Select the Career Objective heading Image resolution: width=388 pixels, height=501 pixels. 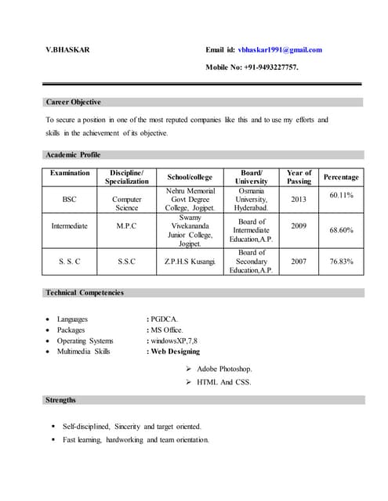pyautogui.click(x=74, y=102)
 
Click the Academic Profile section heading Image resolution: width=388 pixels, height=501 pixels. pyautogui.click(x=74, y=155)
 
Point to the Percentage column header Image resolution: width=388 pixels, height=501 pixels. pyautogui.click(x=341, y=178)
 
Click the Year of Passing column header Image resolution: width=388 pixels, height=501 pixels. pyautogui.click(x=299, y=177)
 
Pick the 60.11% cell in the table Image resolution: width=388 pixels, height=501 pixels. pyautogui.click(x=341, y=194)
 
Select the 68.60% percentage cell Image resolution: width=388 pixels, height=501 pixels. pyautogui.click(x=341, y=230)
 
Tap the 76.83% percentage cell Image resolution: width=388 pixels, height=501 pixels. pyautogui.click(x=341, y=261)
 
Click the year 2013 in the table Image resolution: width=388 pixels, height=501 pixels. pyautogui.click(x=299, y=200)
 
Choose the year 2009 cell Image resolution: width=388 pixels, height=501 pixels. pyautogui.click(x=299, y=225)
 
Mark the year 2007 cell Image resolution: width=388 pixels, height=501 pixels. pyautogui.click(x=299, y=261)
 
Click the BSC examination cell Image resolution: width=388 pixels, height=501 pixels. pyautogui.click(x=69, y=200)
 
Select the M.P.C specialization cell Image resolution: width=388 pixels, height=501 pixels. pyautogui.click(x=127, y=225)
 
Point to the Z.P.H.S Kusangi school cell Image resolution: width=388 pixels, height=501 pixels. pyautogui.click(x=190, y=261)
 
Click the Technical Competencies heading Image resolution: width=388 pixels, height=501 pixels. pyautogui.click(x=85, y=293)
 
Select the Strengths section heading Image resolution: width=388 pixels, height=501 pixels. pyautogui.click(x=61, y=400)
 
